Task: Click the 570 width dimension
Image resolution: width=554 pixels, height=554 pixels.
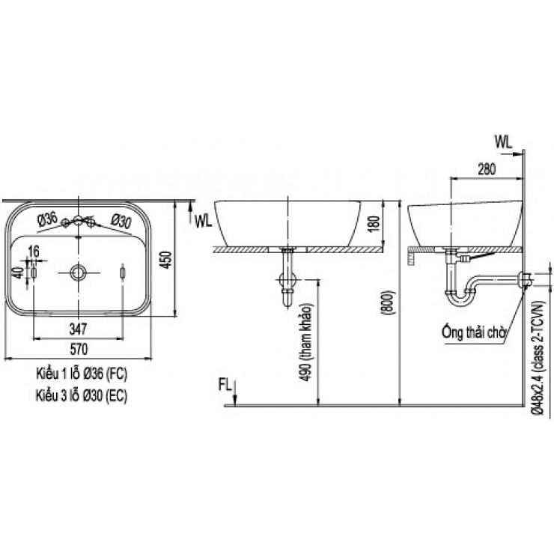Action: point(79,348)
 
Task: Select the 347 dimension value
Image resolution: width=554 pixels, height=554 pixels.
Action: point(79,328)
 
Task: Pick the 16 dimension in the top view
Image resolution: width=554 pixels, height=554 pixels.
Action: point(34,250)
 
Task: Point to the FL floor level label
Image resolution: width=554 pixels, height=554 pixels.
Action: point(224,385)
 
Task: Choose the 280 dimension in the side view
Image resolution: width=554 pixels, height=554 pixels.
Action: point(486,168)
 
